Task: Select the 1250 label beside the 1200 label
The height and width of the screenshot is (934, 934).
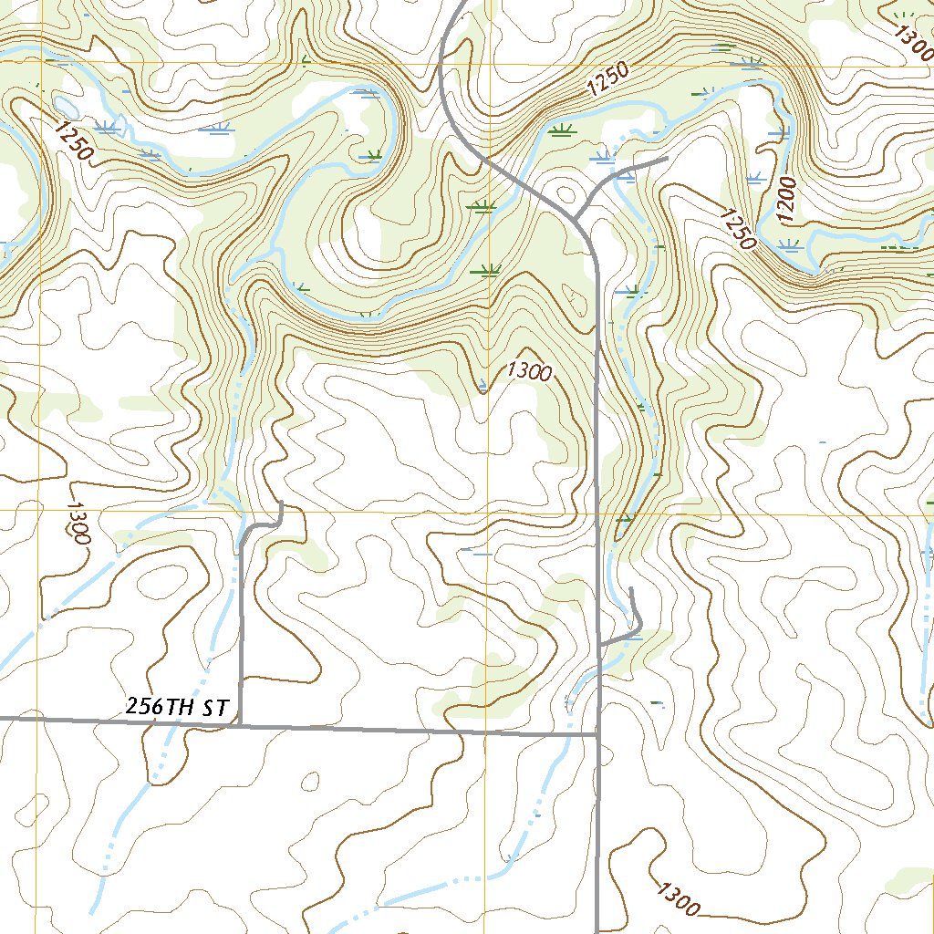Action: (737, 229)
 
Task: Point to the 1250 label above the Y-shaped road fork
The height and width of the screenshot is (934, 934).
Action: (608, 79)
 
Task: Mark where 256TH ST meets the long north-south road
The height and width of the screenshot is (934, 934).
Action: (597, 732)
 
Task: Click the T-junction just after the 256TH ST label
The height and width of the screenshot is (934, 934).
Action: (240, 726)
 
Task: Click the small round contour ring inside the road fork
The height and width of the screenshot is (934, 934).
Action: (566, 193)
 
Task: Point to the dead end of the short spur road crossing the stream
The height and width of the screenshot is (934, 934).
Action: (667, 159)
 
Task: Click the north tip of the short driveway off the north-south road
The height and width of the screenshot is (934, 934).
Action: (632, 589)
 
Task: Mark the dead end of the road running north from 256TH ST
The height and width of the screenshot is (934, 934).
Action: (282, 503)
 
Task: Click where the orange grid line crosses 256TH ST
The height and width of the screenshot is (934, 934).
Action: (485, 731)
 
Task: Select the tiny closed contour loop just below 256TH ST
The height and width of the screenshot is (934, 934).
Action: (311, 781)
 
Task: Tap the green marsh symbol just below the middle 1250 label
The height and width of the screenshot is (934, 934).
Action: (560, 130)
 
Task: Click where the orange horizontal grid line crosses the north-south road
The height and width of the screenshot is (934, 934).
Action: (597, 513)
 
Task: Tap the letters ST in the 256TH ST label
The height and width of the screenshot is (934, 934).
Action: (214, 708)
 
